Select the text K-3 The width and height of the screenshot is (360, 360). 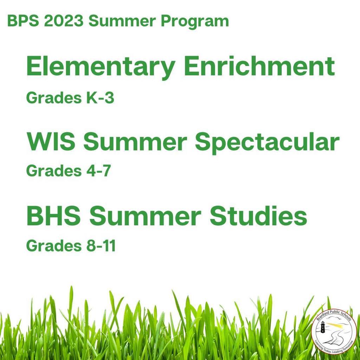point(100,98)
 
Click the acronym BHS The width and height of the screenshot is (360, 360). point(54,216)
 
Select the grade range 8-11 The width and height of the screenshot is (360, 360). point(101,245)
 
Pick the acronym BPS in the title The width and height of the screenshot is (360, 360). point(23,21)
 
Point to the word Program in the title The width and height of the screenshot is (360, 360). point(195,22)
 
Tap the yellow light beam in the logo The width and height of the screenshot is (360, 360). point(335,324)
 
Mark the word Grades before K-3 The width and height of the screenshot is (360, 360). point(54,98)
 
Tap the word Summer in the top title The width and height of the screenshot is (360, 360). point(122,21)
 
